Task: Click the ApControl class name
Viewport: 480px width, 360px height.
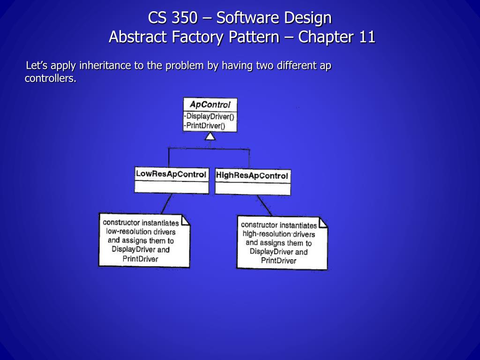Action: (210, 105)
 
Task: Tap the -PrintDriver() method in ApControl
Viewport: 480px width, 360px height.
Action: (205, 125)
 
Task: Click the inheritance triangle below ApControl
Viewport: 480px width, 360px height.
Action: (210, 136)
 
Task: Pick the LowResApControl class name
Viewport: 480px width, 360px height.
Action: (171, 174)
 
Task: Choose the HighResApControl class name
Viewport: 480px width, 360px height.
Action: (252, 176)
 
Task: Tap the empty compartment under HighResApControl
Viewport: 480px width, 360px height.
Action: (253, 188)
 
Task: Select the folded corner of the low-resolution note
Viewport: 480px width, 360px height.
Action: (186, 220)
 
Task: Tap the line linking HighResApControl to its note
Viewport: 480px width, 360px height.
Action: (264, 205)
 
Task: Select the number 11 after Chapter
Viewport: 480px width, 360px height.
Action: (367, 37)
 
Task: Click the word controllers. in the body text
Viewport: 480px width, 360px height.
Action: (50, 78)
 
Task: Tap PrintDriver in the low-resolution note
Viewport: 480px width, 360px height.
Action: (140, 259)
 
